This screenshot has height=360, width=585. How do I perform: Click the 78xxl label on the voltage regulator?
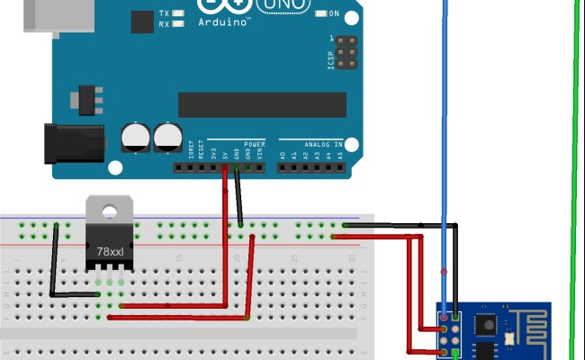(x=110, y=252)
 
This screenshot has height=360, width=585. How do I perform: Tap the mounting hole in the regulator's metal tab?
(x=109, y=212)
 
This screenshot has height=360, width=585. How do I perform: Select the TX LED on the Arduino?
(x=178, y=13)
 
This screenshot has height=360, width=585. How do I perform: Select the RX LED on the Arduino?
(x=178, y=24)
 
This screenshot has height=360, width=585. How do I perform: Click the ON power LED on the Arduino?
(x=321, y=13)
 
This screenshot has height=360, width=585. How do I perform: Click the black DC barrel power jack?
(x=76, y=143)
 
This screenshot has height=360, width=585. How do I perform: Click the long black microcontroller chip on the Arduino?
(x=262, y=104)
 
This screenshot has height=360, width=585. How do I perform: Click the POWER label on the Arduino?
(x=254, y=144)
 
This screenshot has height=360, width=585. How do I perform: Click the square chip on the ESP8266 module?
(x=487, y=321)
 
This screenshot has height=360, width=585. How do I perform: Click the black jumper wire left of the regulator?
(x=54, y=261)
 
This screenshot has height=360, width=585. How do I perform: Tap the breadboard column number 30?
(x=352, y=259)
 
